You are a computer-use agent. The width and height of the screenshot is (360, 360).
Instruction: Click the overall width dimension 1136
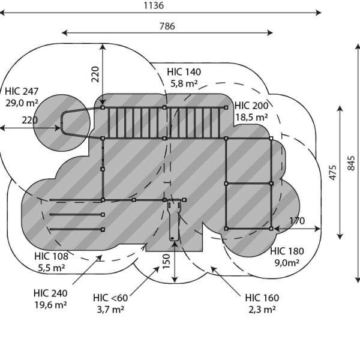pyautogui.click(x=154, y=5)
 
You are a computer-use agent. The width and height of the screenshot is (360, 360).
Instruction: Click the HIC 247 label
pyautogui.click(x=22, y=91)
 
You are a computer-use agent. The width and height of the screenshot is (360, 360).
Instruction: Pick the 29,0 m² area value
pyautogui.click(x=22, y=103)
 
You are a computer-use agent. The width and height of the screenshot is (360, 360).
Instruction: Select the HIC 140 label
pyautogui.click(x=184, y=72)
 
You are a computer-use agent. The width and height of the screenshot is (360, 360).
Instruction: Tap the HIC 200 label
pyautogui.click(x=251, y=105)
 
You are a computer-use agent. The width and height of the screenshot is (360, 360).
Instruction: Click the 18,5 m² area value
pyautogui.click(x=251, y=118)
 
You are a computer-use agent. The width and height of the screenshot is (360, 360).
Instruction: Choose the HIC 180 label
pyautogui.click(x=287, y=251)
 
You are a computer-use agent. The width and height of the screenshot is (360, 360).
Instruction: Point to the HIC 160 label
pyautogui.click(x=262, y=298)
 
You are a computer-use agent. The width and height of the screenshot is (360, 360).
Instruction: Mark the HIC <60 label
pyautogui.click(x=110, y=298)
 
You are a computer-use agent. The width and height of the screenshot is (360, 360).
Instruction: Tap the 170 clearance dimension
pyautogui.click(x=297, y=221)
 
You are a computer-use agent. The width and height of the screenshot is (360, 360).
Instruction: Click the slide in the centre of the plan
pyautogui.click(x=173, y=221)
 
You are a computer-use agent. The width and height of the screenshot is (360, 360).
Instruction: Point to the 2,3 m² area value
pyautogui.click(x=262, y=310)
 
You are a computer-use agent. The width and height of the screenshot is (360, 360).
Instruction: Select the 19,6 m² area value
pyautogui.click(x=50, y=305)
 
